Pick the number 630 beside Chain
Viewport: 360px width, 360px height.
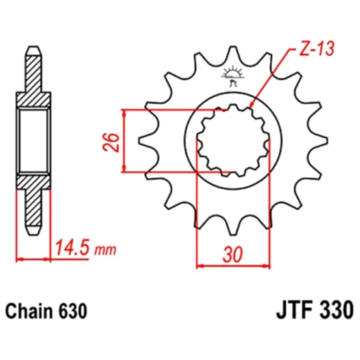[x=74, y=311]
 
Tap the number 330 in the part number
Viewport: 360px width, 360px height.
[x=335, y=309]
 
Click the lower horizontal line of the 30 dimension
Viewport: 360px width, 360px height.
[x=233, y=264]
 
